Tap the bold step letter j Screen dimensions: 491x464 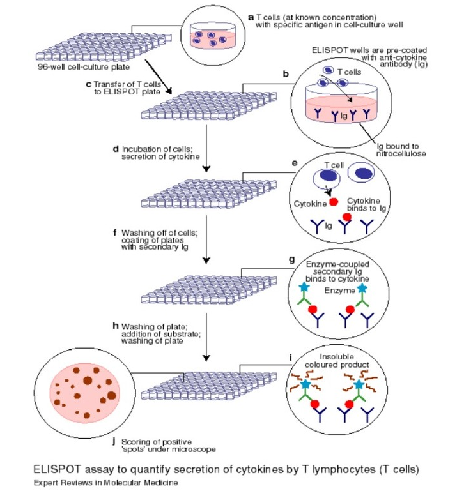pos(113,441)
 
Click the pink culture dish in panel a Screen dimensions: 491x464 pos(210,38)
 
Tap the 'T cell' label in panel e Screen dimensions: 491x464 pos(333,165)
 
